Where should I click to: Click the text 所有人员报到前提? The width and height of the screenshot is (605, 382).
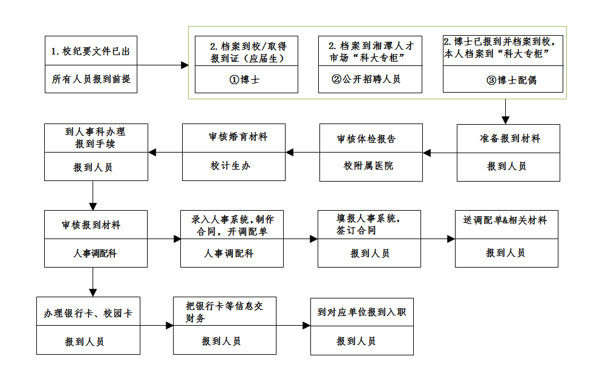pos(91,79)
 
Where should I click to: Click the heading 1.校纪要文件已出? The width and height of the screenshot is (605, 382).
pos(91,51)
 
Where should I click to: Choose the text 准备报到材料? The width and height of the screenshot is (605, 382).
pos(507,138)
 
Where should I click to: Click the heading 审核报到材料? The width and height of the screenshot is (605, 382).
pos(91,225)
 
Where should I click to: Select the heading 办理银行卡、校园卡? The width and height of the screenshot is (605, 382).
pos(88,314)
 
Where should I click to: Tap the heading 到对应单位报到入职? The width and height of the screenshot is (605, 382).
pos(362,312)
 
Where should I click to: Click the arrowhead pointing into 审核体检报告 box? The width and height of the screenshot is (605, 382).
pos(427,153)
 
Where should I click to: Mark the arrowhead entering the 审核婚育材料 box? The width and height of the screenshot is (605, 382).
pos(290,153)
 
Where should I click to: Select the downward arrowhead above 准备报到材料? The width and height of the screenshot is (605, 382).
pos(505,120)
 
